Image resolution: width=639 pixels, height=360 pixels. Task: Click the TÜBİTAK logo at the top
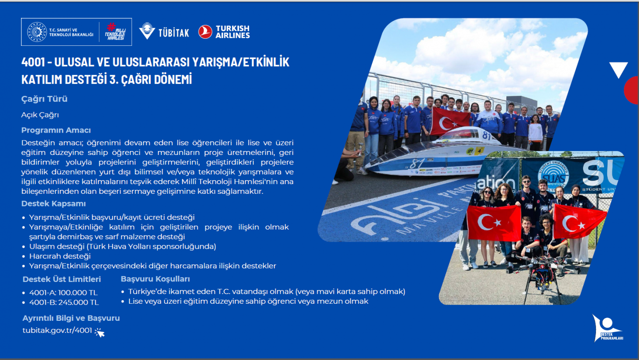point(164,31)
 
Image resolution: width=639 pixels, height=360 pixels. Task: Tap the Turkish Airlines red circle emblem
point(205,32)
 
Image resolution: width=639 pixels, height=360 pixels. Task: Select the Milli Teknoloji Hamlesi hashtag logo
point(115,32)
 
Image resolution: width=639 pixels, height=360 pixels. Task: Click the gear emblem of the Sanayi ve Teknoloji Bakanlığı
point(37,32)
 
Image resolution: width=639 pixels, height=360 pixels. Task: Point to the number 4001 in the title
point(33,62)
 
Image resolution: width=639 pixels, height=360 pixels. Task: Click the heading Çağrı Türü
point(44,99)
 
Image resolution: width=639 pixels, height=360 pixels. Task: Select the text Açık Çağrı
point(40,115)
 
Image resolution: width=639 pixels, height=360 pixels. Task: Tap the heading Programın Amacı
point(56,130)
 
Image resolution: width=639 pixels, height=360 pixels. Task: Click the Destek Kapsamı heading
point(53,203)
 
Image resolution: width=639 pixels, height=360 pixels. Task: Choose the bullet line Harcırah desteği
point(60,256)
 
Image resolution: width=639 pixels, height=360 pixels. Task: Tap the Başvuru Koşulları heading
point(155,279)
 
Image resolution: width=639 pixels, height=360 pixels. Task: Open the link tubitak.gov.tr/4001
point(57,330)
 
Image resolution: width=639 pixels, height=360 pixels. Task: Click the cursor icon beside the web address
point(99,333)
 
